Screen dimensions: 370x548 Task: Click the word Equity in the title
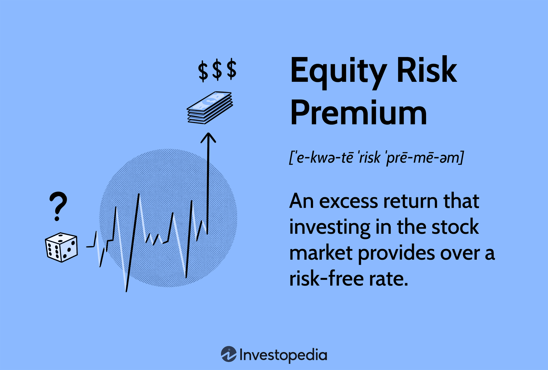pyautogui.click(x=338, y=71)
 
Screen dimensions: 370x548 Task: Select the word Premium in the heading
pyautogui.click(x=358, y=113)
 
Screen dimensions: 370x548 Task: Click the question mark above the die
pyautogui.click(x=58, y=206)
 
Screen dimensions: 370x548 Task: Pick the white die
pyautogui.click(x=61, y=247)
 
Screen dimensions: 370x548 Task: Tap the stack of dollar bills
pyautogui.click(x=210, y=107)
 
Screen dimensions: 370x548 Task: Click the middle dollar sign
pyautogui.click(x=217, y=70)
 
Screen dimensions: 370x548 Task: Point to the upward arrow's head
pyautogui.click(x=208, y=137)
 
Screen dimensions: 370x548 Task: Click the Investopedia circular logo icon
pyautogui.click(x=229, y=354)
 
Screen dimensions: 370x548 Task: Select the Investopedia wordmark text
pyautogui.click(x=283, y=355)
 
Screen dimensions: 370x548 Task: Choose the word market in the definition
pyautogui.click(x=320, y=253)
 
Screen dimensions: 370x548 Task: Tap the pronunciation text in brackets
pyautogui.click(x=376, y=158)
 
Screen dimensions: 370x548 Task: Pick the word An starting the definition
pyautogui.click(x=301, y=201)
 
